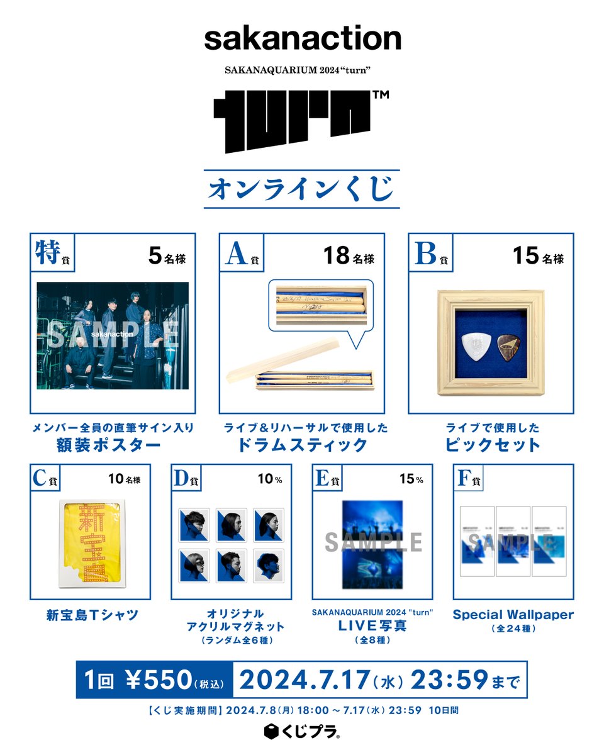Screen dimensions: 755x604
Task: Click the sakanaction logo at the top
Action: [302, 39]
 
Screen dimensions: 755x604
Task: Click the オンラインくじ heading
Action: [302, 188]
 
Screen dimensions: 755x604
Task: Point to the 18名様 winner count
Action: [349, 257]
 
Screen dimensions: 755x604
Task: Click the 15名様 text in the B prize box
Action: [537, 257]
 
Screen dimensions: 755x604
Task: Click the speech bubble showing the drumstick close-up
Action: [321, 305]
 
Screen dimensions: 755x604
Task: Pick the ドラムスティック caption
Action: [302, 445]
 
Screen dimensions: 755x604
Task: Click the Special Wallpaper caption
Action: [513, 615]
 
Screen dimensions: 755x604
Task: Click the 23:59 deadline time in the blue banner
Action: [449, 679]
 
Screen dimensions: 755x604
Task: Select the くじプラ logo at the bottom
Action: [302, 732]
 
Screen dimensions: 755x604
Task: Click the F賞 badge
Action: [468, 479]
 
